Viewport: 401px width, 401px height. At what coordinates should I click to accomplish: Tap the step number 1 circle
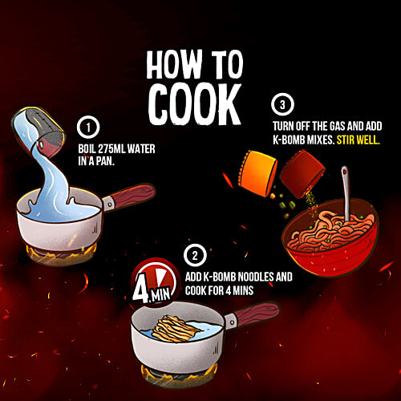[88, 128]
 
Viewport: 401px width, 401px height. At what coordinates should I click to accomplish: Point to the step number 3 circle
[282, 105]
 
